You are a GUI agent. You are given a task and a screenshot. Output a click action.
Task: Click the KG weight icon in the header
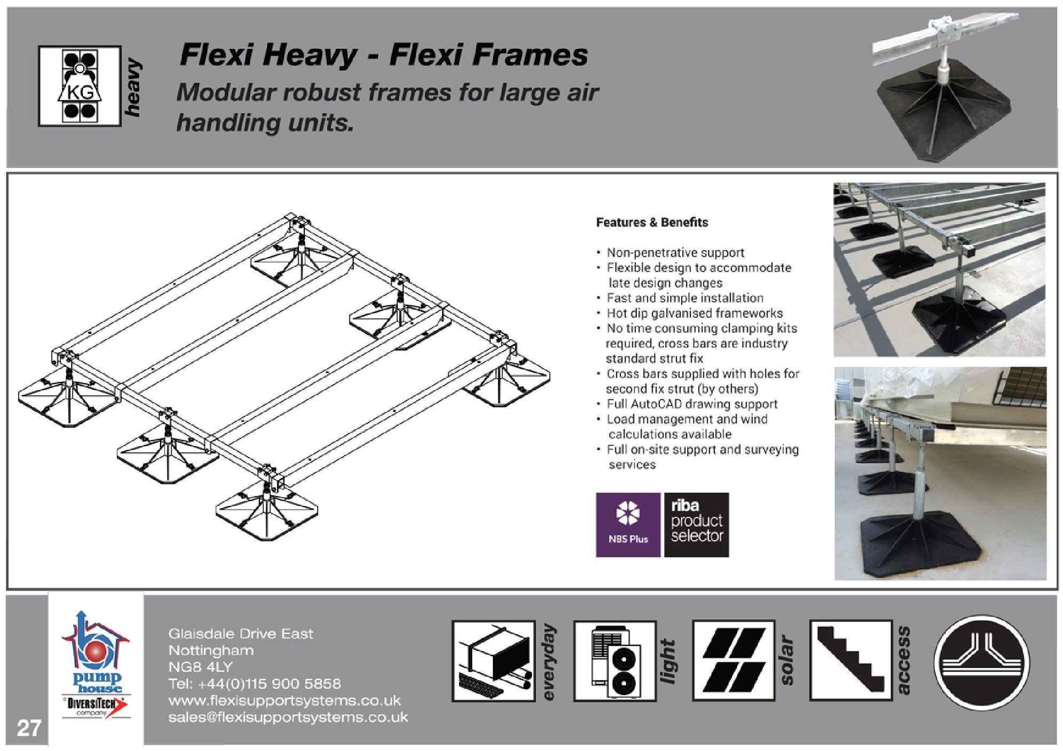tap(80, 85)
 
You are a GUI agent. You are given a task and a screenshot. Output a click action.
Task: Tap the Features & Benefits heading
tap(651, 222)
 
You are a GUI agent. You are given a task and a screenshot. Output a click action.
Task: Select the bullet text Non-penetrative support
tap(675, 253)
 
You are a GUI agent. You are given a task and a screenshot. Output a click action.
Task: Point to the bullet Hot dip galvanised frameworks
tap(694, 314)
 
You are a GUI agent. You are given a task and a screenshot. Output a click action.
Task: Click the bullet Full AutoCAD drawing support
tap(691, 404)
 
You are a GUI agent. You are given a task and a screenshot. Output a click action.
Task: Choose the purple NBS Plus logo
tap(628, 525)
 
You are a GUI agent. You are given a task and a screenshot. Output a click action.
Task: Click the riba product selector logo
tap(696, 525)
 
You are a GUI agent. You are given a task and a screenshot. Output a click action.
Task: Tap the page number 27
tap(29, 728)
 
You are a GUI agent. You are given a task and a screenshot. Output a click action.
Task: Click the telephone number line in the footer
tap(254, 684)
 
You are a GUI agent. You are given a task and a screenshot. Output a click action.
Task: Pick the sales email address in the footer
tap(288, 717)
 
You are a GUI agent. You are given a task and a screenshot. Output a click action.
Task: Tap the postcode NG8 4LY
tap(200, 667)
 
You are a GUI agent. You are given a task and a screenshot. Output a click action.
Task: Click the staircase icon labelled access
tap(851, 660)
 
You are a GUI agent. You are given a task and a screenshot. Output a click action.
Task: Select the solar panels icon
tap(734, 660)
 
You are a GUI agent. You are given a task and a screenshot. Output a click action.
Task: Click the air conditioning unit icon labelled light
tap(615, 660)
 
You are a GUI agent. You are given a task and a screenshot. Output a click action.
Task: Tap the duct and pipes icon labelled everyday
tap(493, 660)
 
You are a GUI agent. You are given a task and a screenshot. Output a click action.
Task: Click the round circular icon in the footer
tap(981, 662)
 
